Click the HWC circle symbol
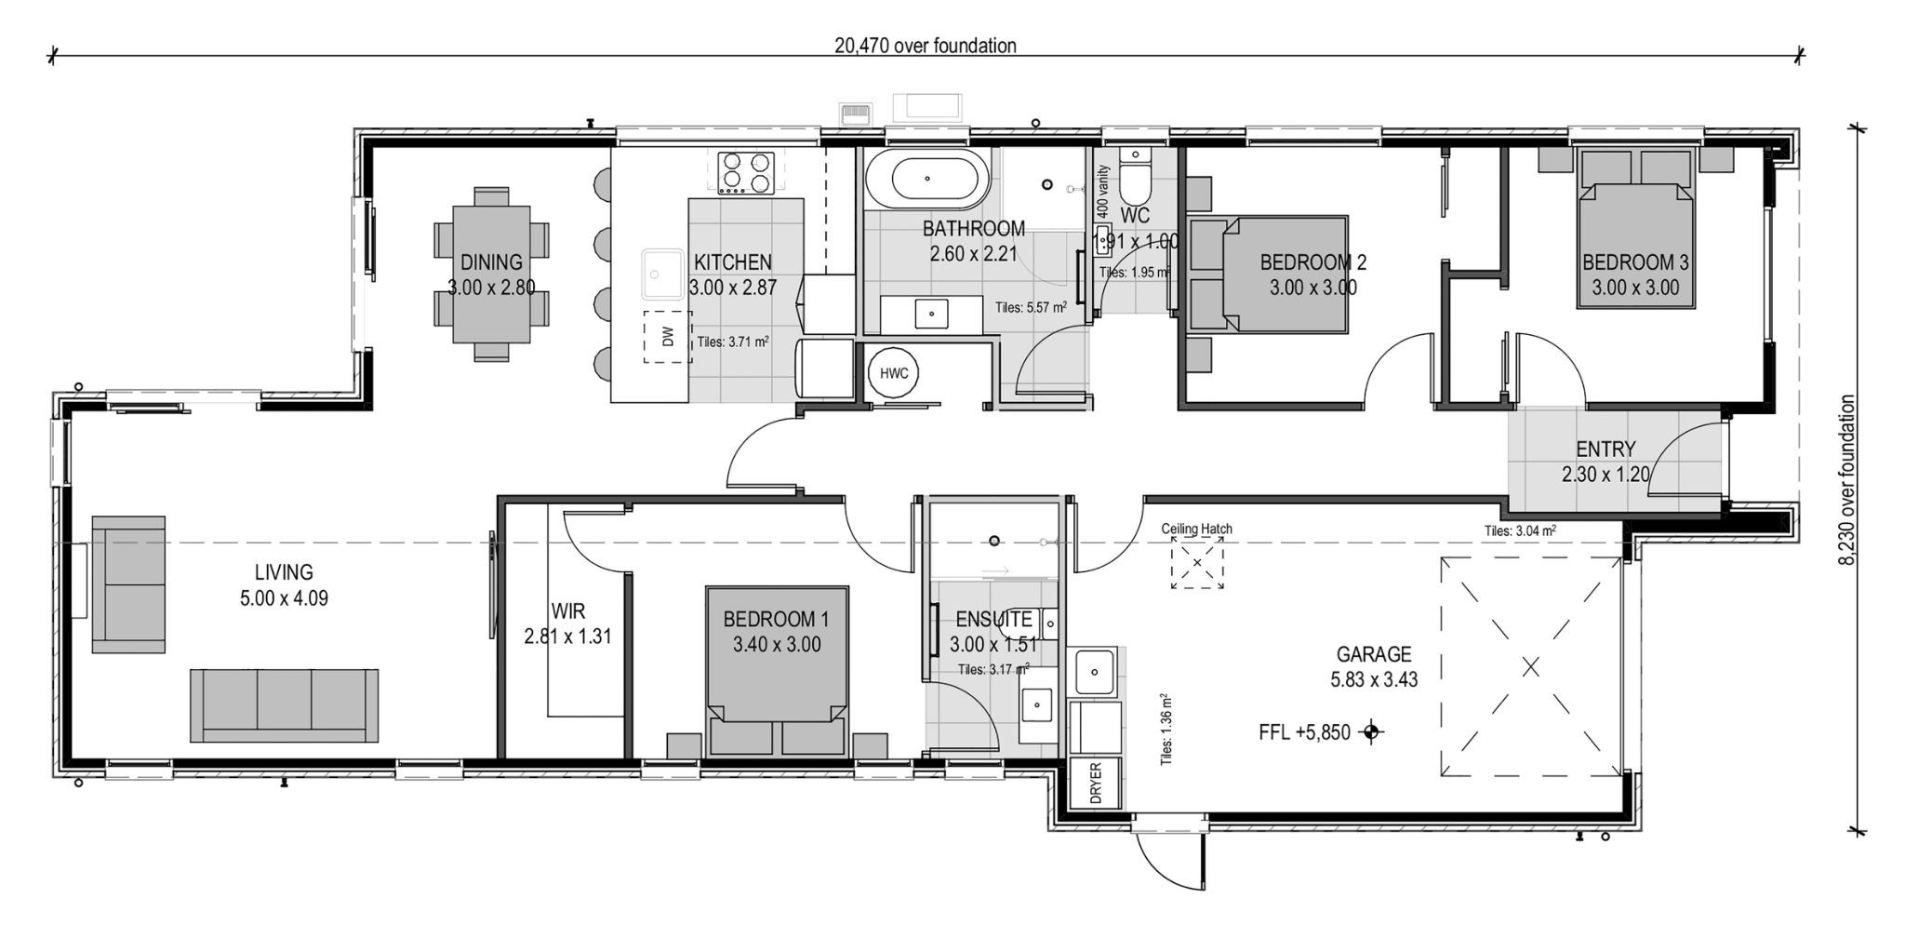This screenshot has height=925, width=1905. pos(894,373)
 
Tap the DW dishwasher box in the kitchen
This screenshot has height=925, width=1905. pos(667,337)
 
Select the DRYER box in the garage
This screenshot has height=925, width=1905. pos(1094,782)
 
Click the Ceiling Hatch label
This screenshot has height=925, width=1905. pos(1196,529)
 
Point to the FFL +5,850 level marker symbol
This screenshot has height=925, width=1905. pos(1369,732)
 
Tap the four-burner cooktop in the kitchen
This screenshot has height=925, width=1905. pos(746,172)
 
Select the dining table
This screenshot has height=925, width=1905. pos(491,274)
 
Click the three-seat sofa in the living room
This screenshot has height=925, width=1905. pos(284,704)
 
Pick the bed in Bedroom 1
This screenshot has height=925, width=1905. pos(777,670)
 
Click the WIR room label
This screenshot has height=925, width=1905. pos(567,611)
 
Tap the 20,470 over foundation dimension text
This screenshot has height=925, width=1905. pos(925,46)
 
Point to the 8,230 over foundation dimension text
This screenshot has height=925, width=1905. pos(1847,479)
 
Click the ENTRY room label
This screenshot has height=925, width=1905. pos(1605,449)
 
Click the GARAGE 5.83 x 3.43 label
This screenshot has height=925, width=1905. pos(1374,666)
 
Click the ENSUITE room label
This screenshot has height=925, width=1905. pos(992,619)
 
